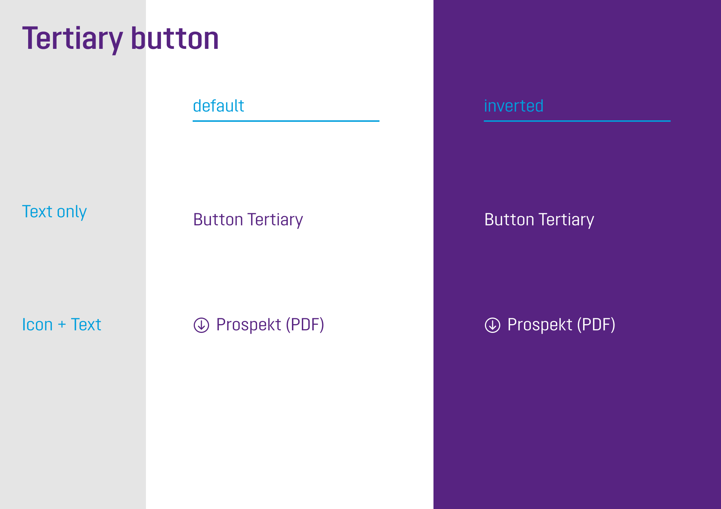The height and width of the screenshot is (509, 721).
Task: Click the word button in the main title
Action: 175,38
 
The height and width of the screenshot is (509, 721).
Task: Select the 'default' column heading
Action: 219,106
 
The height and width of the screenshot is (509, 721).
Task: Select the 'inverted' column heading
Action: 514,106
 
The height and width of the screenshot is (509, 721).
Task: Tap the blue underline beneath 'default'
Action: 286,121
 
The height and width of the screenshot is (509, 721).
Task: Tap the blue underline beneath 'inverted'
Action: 577,121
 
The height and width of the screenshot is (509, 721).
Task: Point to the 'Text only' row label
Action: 54,212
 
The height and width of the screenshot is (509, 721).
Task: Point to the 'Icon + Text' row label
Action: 62,324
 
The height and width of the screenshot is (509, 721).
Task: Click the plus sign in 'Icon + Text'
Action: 62,325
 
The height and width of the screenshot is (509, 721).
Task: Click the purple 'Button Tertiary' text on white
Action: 248,220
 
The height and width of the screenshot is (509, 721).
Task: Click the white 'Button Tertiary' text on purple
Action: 539,220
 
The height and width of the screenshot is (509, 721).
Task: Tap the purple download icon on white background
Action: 201,325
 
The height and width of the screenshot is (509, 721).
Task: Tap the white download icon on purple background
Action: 493,325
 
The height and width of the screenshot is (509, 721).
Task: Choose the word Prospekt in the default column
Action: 249,325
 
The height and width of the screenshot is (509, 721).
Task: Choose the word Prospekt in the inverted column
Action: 540,325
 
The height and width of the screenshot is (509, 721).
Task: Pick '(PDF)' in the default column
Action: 305,325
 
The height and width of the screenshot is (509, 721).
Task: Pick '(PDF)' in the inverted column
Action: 596,325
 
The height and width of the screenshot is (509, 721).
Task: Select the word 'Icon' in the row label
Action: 38,324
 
